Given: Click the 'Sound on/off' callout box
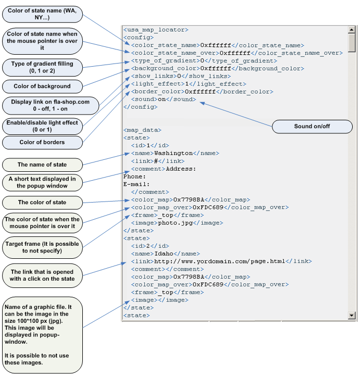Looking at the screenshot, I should (x=312, y=127).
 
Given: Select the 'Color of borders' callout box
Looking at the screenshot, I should (x=42, y=142).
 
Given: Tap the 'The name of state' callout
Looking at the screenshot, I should (x=42, y=165).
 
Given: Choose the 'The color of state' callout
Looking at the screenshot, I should (x=42, y=202).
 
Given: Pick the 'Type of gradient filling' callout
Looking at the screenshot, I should (x=42, y=67).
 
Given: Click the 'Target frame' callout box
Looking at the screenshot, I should (x=42, y=247).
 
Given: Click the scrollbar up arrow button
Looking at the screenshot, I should (x=352, y=30).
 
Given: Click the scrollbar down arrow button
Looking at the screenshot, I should (x=352, y=316).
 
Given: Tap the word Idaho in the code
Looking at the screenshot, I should (x=164, y=254).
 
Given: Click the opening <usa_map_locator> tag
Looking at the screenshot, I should (x=156, y=30).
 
